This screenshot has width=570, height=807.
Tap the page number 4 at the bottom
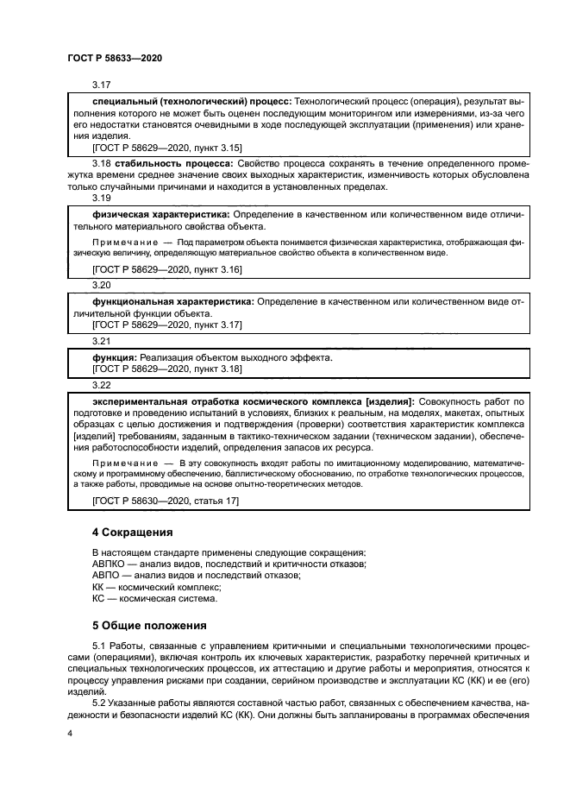tap(69, 733)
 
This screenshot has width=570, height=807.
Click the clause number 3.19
tap(102, 198)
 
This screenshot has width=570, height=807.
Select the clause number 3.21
tap(102, 342)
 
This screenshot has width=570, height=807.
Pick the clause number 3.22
tap(102, 384)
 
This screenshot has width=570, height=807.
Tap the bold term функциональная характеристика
tap(172, 302)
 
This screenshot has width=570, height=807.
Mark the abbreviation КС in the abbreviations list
tap(98, 597)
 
